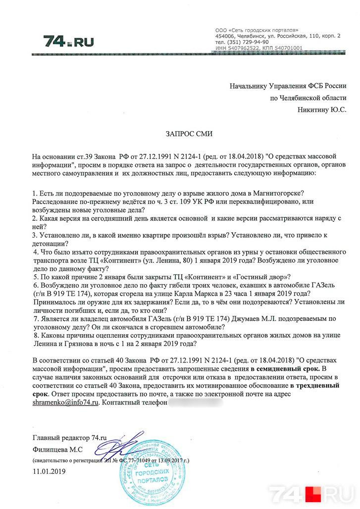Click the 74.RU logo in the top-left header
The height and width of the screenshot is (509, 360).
pos(68,41)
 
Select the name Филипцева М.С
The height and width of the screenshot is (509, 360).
pos(57,449)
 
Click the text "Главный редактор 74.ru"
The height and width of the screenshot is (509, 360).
pos(70,438)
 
